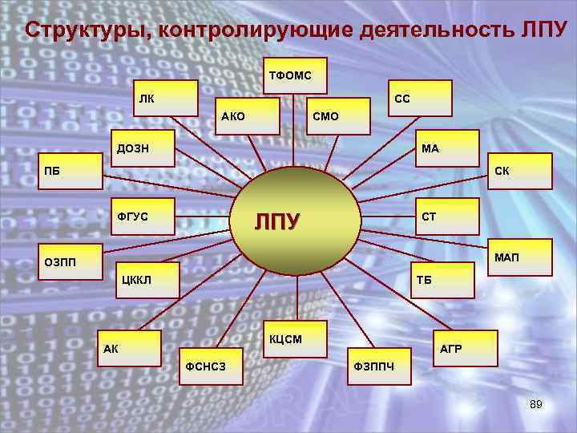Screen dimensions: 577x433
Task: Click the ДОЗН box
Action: point(142,148)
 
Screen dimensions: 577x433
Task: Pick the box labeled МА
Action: point(447,148)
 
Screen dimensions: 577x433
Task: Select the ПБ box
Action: point(69,171)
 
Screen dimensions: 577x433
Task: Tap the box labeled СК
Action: point(520,171)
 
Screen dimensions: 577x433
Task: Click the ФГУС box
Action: point(142,216)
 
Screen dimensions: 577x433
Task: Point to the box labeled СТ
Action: point(446,216)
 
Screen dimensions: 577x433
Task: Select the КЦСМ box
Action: point(296,338)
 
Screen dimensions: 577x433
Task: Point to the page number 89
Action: point(535,405)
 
